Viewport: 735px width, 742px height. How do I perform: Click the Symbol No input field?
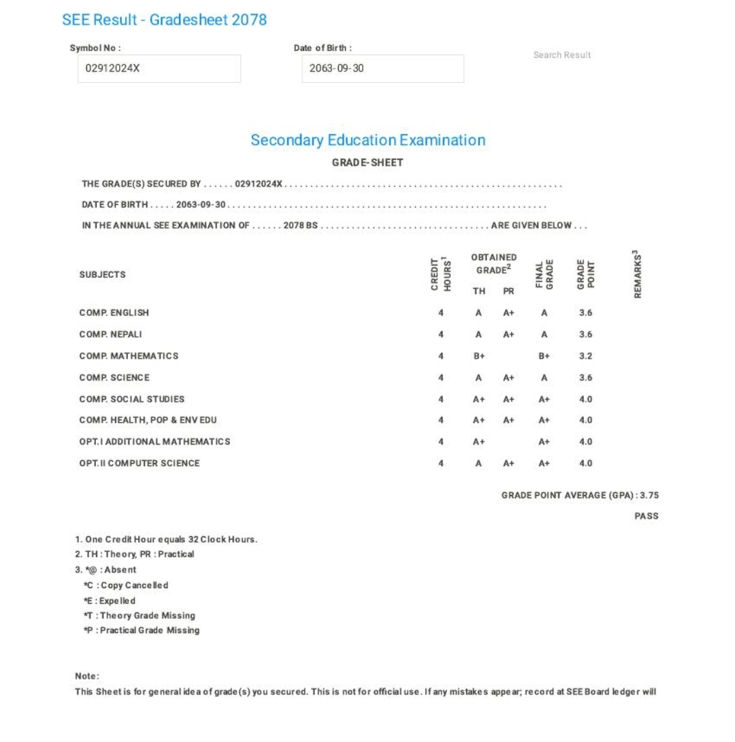pyautogui.click(x=159, y=69)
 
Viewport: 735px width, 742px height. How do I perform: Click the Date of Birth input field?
pyautogui.click(x=382, y=69)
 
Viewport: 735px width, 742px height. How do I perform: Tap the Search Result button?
pyautogui.click(x=562, y=55)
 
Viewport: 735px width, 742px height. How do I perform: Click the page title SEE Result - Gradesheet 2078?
pyautogui.click(x=164, y=20)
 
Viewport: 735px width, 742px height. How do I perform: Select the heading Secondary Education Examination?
pyautogui.click(x=367, y=140)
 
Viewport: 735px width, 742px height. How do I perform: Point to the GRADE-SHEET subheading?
pyautogui.click(x=367, y=163)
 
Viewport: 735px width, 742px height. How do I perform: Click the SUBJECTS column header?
pyautogui.click(x=103, y=275)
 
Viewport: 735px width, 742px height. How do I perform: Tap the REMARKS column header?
pyautogui.click(x=638, y=274)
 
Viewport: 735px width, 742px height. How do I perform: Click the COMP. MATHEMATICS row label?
pyautogui.click(x=129, y=356)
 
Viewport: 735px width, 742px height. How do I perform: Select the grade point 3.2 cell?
pyautogui.click(x=585, y=356)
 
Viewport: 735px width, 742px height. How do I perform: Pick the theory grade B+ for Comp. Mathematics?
pyautogui.click(x=479, y=356)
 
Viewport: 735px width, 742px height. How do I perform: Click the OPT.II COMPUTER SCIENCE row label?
pyautogui.click(x=140, y=464)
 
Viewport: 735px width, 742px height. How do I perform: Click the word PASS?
pyautogui.click(x=647, y=516)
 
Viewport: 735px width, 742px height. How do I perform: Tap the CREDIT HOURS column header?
pyautogui.click(x=441, y=274)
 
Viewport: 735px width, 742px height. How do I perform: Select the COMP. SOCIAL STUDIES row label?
pyautogui.click(x=132, y=399)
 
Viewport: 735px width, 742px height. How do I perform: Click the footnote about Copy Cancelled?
pyautogui.click(x=127, y=585)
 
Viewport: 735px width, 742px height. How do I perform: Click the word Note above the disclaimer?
pyautogui.click(x=87, y=676)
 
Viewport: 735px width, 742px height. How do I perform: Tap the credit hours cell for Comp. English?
pyautogui.click(x=441, y=313)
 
